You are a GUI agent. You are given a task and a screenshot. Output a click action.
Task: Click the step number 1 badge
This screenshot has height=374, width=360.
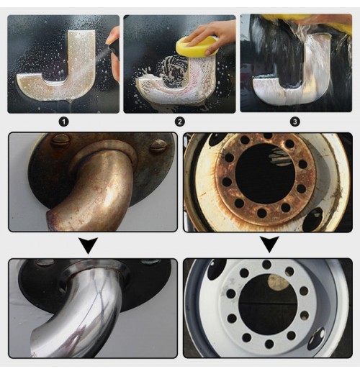pos(64,122)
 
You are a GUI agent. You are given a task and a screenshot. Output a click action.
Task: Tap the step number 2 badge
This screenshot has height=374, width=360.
pos(180,122)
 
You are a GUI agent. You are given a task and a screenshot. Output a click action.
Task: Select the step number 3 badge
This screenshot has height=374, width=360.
pos(295,122)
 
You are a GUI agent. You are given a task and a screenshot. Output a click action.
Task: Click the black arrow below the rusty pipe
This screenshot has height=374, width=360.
pos(89,245)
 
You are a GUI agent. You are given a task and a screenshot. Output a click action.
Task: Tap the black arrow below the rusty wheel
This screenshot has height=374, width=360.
pos(270,244)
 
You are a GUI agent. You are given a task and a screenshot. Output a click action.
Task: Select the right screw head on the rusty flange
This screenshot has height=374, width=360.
pos(158,146)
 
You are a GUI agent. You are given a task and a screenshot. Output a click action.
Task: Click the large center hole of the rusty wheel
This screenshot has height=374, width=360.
pos(265,174)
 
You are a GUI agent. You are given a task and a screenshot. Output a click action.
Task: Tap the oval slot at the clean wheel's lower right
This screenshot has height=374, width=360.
pos(317,339)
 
